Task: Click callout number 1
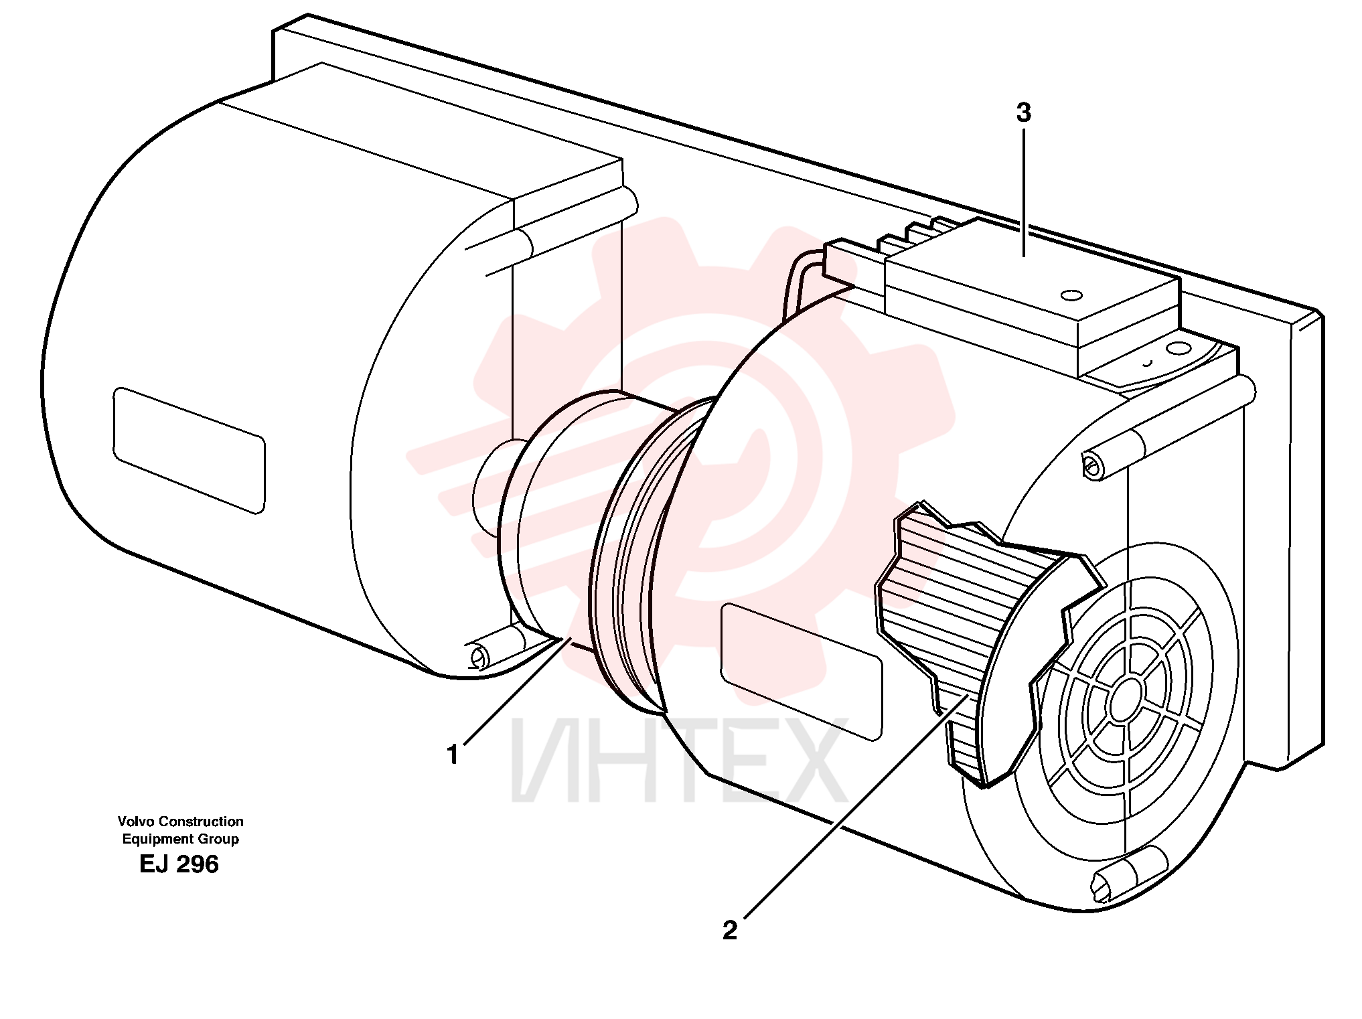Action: click(453, 755)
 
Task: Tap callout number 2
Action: click(730, 930)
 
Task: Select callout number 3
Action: click(1023, 113)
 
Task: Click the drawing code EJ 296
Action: click(179, 864)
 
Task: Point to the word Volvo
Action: click(135, 821)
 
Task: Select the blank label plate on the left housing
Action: click(189, 450)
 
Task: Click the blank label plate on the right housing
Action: click(802, 672)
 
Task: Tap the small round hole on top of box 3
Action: click(1071, 295)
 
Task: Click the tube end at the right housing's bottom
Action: click(1104, 885)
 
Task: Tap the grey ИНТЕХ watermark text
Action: click(678, 761)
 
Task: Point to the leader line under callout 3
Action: click(1024, 193)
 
